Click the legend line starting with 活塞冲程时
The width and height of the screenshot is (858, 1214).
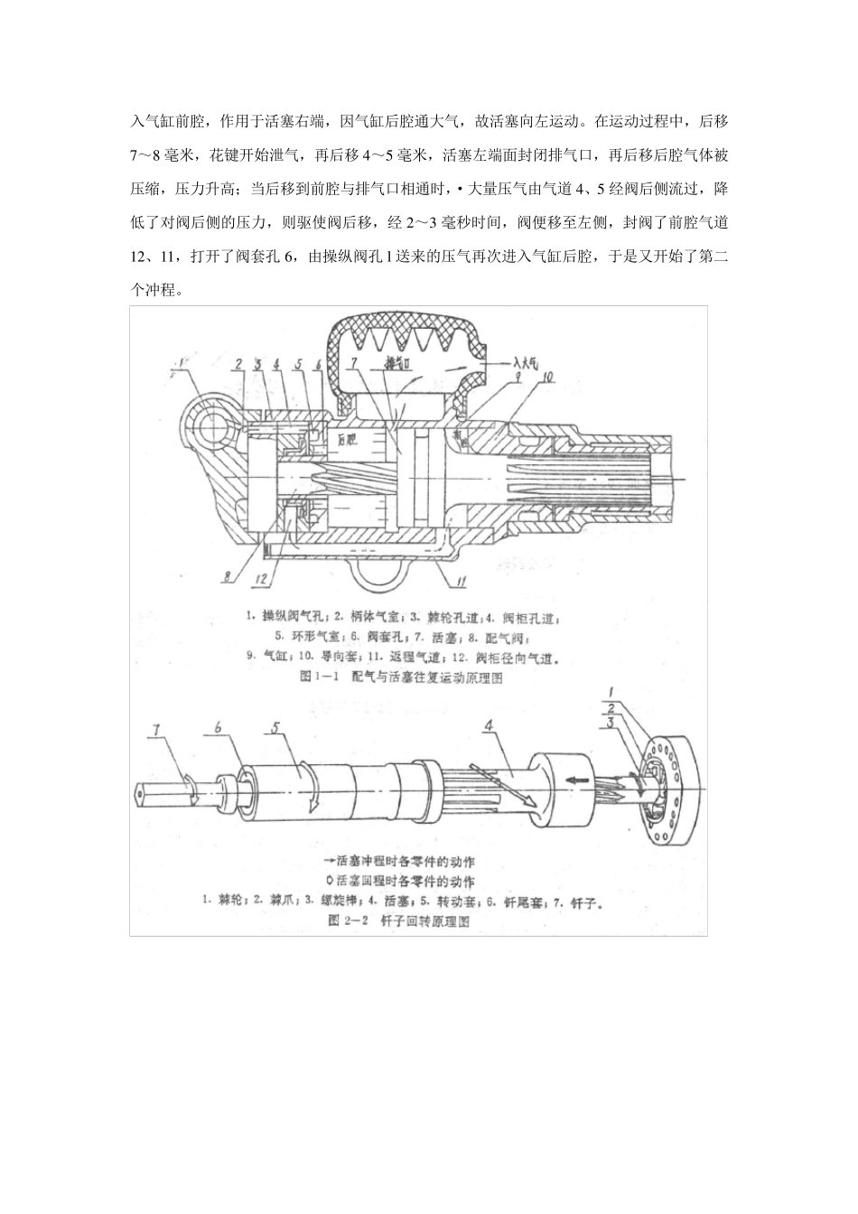coord(405,861)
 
